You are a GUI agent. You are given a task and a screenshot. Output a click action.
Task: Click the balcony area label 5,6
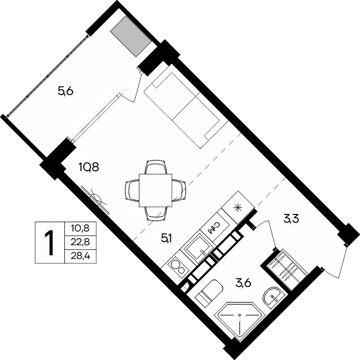pyautogui.click(x=65, y=92)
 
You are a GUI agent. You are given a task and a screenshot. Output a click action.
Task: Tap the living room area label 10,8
pyautogui.click(x=89, y=167)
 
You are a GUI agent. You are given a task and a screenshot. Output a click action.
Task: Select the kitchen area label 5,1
pyautogui.click(x=167, y=239)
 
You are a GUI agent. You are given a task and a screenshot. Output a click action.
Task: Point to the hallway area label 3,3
pyautogui.click(x=291, y=219)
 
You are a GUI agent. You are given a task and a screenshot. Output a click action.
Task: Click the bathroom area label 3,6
pyautogui.click(x=243, y=283)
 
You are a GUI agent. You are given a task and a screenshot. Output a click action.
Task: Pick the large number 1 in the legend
pyautogui.click(x=49, y=243)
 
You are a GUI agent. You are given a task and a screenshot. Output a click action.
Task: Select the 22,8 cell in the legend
pyautogui.click(x=80, y=242)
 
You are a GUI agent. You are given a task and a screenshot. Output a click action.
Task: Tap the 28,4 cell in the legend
pyautogui.click(x=80, y=256)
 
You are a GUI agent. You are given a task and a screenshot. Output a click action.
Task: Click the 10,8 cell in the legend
pyautogui.click(x=80, y=228)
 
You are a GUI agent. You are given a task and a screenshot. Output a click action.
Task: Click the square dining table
pyautogui.click(x=155, y=190)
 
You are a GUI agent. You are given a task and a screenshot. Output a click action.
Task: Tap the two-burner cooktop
pyautogui.click(x=177, y=267)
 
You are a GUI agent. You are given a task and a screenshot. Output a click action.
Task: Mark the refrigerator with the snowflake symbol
pyautogui.click(x=238, y=207)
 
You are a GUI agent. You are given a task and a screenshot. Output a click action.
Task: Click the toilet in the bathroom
pyautogui.click(x=209, y=292)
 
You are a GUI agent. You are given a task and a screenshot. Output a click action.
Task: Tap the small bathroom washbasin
pyautogui.click(x=272, y=296)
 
